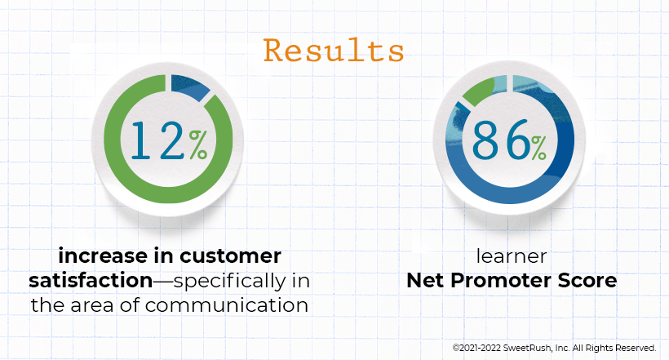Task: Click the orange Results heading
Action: coord(334,51)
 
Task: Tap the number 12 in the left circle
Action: coord(157,140)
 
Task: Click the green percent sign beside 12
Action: coord(198,144)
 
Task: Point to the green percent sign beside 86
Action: coord(539,148)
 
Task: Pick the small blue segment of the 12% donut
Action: coord(189,87)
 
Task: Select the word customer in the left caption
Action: coord(230,256)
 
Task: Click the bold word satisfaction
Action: coord(91,281)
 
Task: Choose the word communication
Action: coord(227,305)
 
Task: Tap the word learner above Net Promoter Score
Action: coord(512,256)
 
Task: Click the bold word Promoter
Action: coord(500,281)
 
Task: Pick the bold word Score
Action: coord(587,281)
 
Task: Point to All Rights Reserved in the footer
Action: coord(614,348)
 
